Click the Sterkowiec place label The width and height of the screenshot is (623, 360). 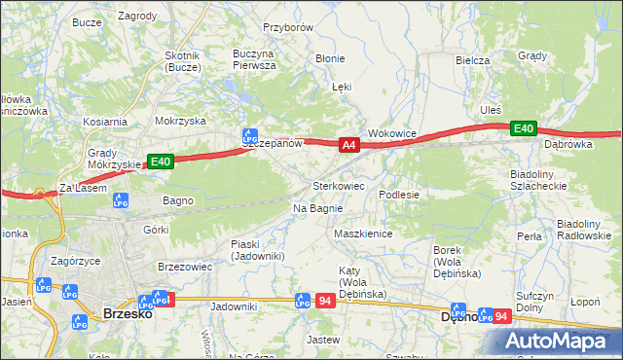pyautogui.click(x=338, y=185)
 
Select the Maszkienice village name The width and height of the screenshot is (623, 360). pyautogui.click(x=362, y=234)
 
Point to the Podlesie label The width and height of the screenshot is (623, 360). pyautogui.click(x=399, y=195)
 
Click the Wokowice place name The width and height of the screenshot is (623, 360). pyautogui.click(x=392, y=133)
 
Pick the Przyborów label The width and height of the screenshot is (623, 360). pyautogui.click(x=288, y=28)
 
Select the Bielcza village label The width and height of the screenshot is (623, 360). pyautogui.click(x=472, y=60)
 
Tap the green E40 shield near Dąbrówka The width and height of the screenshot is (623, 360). pyautogui.click(x=524, y=128)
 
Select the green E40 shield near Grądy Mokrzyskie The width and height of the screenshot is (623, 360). pyautogui.click(x=161, y=162)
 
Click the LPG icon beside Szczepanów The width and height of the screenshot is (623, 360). pyautogui.click(x=249, y=137)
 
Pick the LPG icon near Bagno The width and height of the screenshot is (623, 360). pyautogui.click(x=121, y=201)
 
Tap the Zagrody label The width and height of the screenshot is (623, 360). pyautogui.click(x=137, y=17)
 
